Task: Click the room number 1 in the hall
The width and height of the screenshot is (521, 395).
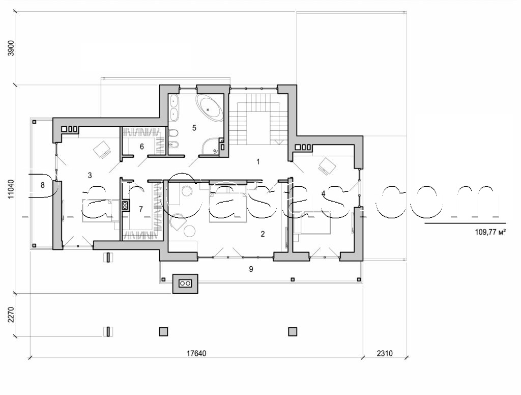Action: (x=258, y=162)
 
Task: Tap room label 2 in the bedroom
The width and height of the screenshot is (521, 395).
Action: (x=263, y=234)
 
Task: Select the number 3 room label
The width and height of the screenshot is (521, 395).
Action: (x=90, y=176)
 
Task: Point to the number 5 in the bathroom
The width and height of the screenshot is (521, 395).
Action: (x=194, y=127)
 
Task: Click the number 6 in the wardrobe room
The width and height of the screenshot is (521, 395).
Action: (x=142, y=147)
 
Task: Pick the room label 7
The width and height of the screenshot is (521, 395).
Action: (x=141, y=209)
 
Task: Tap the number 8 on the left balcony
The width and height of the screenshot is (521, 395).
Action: (x=43, y=185)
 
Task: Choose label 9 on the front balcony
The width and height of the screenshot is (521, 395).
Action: (x=251, y=269)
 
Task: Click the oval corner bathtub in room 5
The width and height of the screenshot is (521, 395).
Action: (x=211, y=108)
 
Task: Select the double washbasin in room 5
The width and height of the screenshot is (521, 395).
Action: (x=173, y=107)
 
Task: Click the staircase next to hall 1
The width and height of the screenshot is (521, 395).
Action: (x=258, y=120)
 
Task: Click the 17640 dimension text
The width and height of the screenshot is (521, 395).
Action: (x=196, y=353)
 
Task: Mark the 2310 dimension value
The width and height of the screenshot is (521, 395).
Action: (x=385, y=353)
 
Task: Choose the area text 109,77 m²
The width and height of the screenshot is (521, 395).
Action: (x=489, y=231)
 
